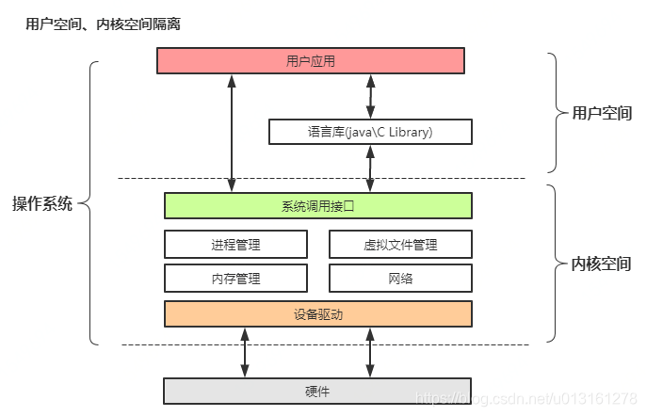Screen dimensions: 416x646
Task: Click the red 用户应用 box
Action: click(310, 61)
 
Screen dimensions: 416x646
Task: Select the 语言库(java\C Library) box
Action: click(370, 132)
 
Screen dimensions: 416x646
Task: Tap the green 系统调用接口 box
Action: click(317, 205)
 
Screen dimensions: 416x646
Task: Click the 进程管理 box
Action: click(235, 245)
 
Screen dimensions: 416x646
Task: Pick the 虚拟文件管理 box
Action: click(400, 245)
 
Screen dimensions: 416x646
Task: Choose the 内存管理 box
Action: click(235, 278)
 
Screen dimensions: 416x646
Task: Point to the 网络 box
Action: click(400, 278)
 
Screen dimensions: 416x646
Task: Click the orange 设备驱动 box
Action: click(317, 313)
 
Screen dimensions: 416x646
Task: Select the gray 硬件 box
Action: click(317, 390)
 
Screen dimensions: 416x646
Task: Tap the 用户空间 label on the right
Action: click(602, 113)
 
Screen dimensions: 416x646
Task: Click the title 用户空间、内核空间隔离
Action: click(103, 24)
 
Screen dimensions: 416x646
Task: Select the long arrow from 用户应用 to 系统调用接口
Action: click(231, 133)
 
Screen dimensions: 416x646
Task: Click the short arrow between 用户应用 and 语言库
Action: click(370, 96)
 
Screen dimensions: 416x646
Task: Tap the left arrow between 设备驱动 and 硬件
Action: click(245, 352)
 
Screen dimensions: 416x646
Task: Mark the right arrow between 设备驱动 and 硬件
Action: click(370, 352)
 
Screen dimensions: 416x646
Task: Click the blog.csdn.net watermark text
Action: click(527, 401)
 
